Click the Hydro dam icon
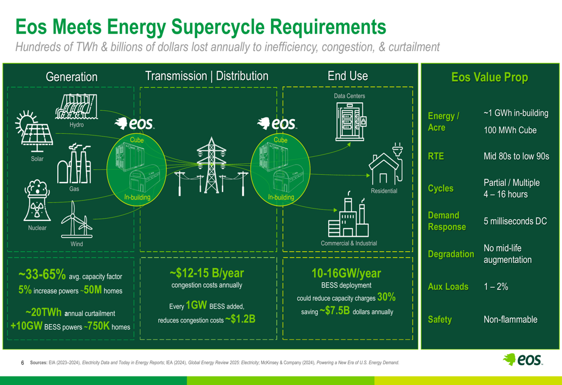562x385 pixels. pos(76,106)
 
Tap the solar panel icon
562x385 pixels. pos(34,132)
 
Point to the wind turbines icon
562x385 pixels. pos(76,219)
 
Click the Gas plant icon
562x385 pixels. pos(74,164)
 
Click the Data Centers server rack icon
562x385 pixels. pos(351,121)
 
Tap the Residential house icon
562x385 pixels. pos(386,164)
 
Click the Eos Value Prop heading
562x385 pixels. pos(490,77)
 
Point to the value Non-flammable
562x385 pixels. pos(510,319)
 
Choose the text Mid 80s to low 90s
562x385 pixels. pos(516,156)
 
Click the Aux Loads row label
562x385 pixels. pos(448,287)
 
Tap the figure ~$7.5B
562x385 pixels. pos(334,310)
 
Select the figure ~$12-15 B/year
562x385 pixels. pos(207,273)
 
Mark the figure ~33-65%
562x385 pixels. pos(42,275)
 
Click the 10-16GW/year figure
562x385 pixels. pos(346,274)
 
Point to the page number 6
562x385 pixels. pos(22,363)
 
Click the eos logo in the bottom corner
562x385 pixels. pos(523,359)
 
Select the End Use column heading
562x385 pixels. pos(348,76)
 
